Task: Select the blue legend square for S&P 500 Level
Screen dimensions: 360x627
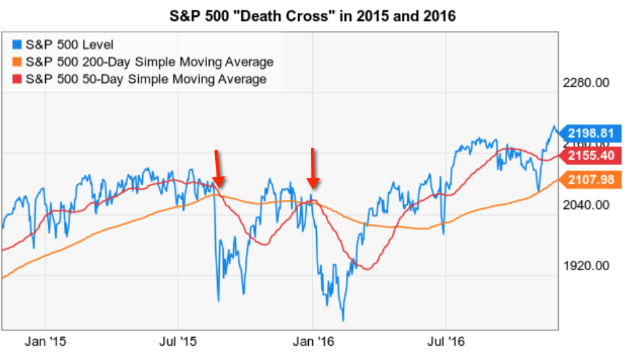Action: (x=18, y=45)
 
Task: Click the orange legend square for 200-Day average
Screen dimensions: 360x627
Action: (x=18, y=62)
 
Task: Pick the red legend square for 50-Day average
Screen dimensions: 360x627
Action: (x=18, y=79)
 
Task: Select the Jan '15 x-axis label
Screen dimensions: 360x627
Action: (x=45, y=342)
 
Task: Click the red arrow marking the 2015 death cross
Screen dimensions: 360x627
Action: (x=217, y=169)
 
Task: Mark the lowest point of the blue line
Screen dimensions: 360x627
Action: (x=343, y=320)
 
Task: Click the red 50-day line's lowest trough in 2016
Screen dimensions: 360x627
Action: (x=366, y=269)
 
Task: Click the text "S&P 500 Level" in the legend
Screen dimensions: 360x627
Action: (x=61, y=45)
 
